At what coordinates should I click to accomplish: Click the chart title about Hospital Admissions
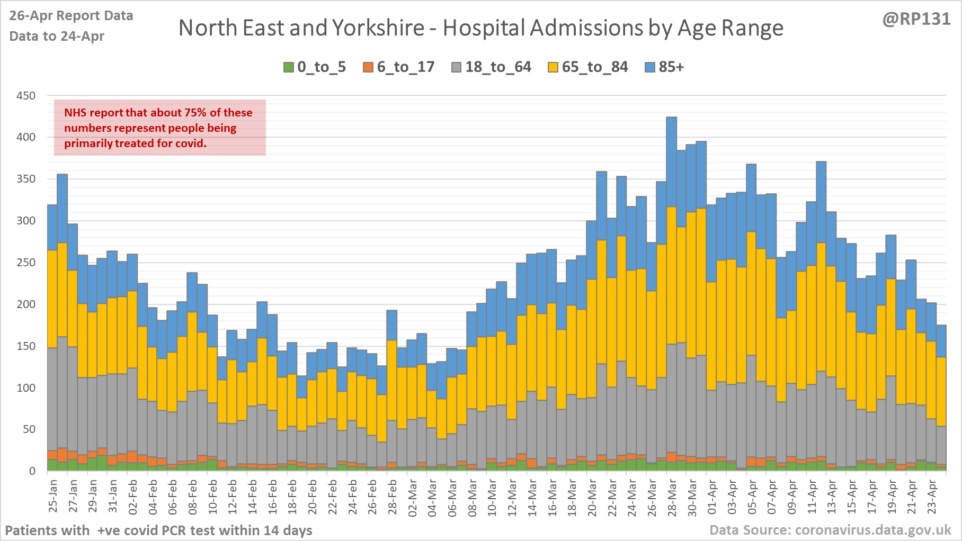tap(480, 28)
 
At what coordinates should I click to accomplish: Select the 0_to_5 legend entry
tap(315, 67)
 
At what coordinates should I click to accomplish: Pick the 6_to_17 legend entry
tap(399, 67)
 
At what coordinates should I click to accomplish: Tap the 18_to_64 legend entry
tap(491, 67)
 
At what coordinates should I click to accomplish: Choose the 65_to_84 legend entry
tap(588, 67)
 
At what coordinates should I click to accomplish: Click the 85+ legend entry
tap(665, 67)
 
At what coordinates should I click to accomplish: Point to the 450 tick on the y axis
tap(26, 96)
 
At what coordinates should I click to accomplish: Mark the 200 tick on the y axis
tap(26, 304)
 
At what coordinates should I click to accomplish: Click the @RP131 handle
tap(916, 19)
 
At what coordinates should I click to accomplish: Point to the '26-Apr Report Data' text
tap(71, 16)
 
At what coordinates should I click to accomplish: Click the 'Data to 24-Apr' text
tap(57, 37)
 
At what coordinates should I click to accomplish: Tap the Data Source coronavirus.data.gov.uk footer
tap(830, 530)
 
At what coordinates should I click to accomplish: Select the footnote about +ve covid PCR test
tap(158, 530)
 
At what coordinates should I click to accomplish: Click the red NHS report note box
tap(159, 128)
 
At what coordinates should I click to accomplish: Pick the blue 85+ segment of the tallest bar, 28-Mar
tap(672, 161)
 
